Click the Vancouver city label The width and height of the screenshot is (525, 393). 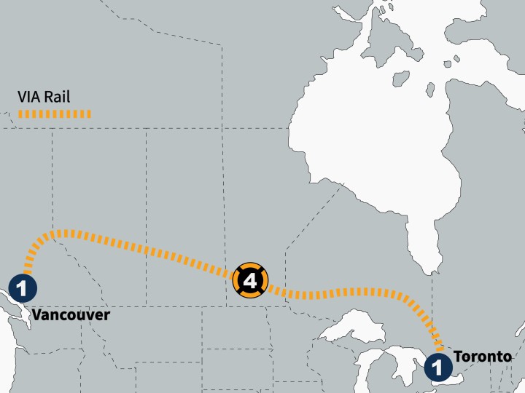[x=71, y=314]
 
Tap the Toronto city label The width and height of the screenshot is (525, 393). [x=482, y=357]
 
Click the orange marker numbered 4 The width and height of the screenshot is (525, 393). [x=250, y=279]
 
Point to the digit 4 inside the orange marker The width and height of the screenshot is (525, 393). [x=250, y=279]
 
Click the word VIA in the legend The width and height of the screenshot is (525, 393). [x=28, y=96]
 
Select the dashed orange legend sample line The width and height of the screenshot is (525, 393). [x=55, y=114]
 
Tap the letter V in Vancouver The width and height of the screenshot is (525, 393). [x=36, y=314]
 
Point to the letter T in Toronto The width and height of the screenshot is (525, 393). [x=457, y=357]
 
